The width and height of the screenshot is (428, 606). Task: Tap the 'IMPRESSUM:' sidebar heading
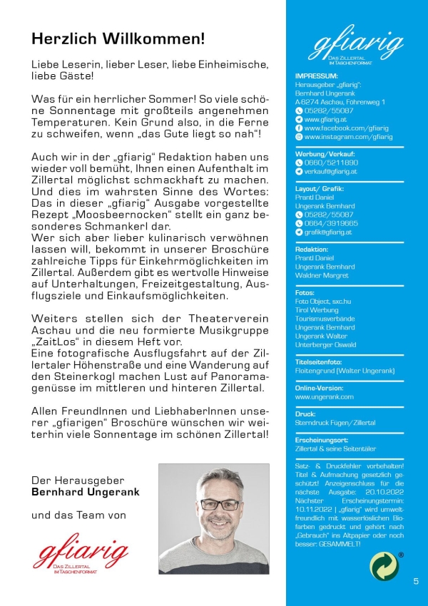click(x=316, y=76)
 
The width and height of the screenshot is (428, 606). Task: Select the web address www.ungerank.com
click(x=324, y=396)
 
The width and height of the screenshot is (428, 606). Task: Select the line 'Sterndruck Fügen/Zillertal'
click(x=335, y=423)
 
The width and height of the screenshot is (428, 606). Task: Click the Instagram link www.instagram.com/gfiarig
click(x=348, y=137)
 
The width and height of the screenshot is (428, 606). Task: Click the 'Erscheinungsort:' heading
click(x=323, y=440)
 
